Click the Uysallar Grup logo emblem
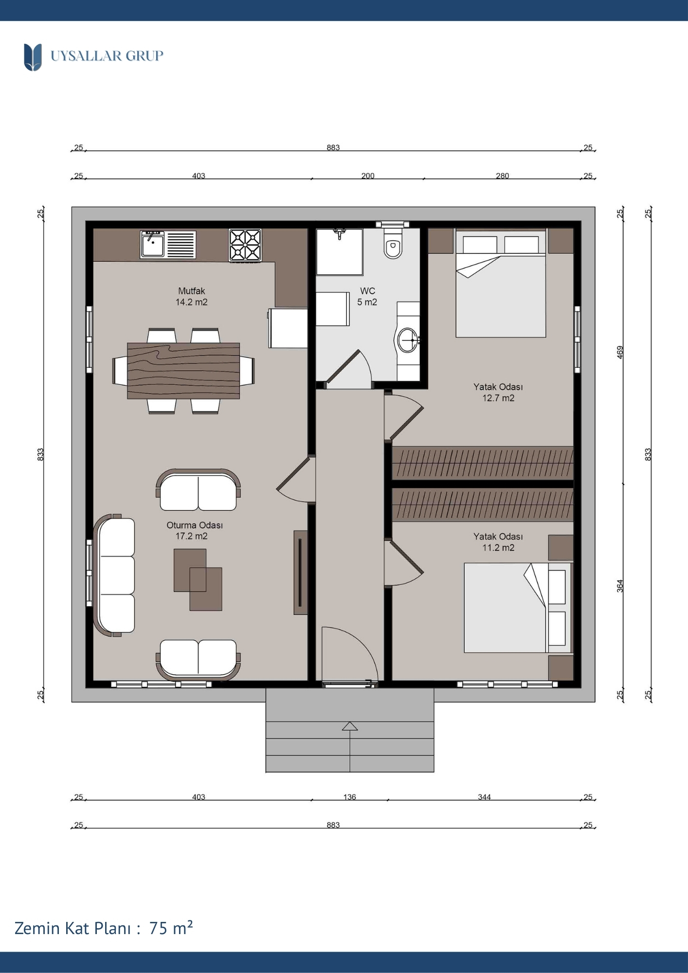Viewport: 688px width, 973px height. [x=33, y=57]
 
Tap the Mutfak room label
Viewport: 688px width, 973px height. [x=191, y=291]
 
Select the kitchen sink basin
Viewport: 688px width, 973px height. [x=153, y=244]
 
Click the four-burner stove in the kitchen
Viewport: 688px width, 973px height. [x=245, y=245]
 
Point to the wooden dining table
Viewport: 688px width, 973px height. [x=183, y=371]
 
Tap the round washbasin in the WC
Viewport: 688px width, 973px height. [x=408, y=340]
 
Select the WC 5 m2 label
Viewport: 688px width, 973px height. [x=367, y=296]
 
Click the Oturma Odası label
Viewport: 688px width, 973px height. [x=195, y=525]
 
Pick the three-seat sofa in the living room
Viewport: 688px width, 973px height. [x=115, y=575]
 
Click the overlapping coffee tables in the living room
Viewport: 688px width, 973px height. [x=198, y=579]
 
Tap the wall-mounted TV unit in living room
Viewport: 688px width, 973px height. [x=300, y=572]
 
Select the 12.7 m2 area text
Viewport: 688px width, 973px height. [x=498, y=398]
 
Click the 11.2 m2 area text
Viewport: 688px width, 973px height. [x=498, y=548]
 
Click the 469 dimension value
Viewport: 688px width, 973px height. [x=620, y=352]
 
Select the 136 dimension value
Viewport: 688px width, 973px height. [x=350, y=797]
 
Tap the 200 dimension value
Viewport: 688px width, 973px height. [x=368, y=176]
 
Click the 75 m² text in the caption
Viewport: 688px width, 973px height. [x=171, y=928]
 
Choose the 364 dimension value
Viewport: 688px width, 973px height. [x=620, y=586]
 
